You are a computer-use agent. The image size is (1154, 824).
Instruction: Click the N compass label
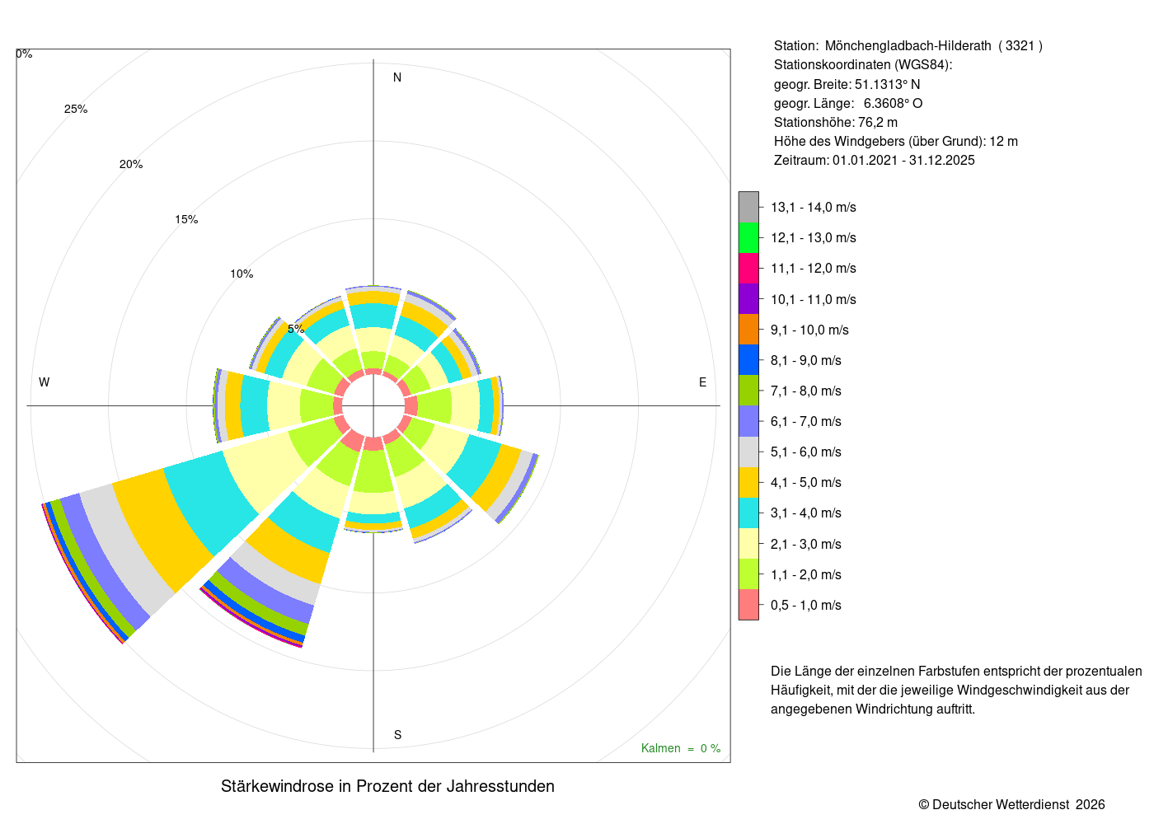click(x=397, y=77)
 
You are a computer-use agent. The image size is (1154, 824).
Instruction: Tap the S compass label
click(x=397, y=735)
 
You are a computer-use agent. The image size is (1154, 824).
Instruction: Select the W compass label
click(x=45, y=382)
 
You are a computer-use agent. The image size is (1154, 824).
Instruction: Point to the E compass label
click(x=702, y=382)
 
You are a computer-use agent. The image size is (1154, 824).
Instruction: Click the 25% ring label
click(x=76, y=109)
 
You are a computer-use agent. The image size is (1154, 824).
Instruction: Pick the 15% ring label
click(x=186, y=219)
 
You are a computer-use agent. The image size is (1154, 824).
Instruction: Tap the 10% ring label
click(x=242, y=274)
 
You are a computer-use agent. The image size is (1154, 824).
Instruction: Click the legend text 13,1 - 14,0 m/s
click(x=814, y=208)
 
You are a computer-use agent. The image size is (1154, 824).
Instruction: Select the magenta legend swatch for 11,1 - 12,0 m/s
click(x=748, y=269)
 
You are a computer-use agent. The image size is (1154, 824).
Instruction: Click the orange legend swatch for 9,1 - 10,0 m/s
click(x=748, y=330)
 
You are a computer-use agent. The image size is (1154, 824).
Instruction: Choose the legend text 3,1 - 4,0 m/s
click(x=806, y=513)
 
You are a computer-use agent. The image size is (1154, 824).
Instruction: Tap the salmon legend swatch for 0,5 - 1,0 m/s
click(x=748, y=605)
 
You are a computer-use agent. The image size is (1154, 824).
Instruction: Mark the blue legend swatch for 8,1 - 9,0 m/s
click(x=748, y=360)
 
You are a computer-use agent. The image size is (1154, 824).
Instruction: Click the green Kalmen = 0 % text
click(x=681, y=749)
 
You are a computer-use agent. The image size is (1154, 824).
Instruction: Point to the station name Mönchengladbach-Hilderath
click(x=908, y=46)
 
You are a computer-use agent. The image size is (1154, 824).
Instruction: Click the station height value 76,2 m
click(x=877, y=123)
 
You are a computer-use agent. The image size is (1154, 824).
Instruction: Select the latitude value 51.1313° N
click(x=887, y=84)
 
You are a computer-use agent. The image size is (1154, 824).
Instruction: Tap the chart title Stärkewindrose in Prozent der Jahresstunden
click(x=387, y=786)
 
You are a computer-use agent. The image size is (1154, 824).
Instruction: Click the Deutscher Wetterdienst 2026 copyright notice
click(x=1011, y=805)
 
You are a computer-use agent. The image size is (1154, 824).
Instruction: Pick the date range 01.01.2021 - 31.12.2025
click(x=903, y=161)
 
